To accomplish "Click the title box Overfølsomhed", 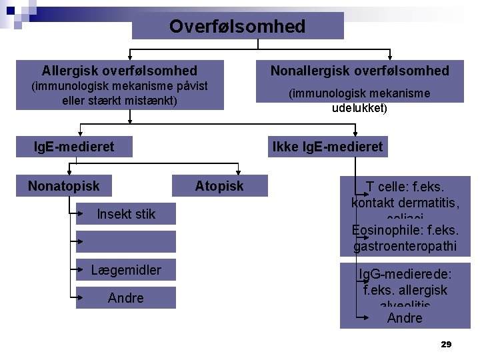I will click(237, 27).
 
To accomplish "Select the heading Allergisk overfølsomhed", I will click(119, 71).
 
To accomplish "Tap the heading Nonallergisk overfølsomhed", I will click(359, 71).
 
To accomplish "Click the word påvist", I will click(189, 86).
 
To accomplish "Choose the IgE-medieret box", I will click(74, 147).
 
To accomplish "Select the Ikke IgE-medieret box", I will click(327, 147).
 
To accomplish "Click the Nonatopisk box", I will click(63, 186).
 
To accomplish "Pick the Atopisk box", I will click(219, 186).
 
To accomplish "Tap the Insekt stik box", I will click(126, 214).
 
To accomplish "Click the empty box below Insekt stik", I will click(126, 241).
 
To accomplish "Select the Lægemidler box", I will click(126, 270).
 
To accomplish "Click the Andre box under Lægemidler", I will click(126, 298).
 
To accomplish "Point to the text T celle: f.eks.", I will click(405, 187).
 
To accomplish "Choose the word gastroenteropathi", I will click(405, 247).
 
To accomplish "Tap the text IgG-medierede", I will click(405, 275).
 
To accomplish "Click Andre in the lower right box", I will click(405, 318).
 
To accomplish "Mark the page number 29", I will click(446, 345).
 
